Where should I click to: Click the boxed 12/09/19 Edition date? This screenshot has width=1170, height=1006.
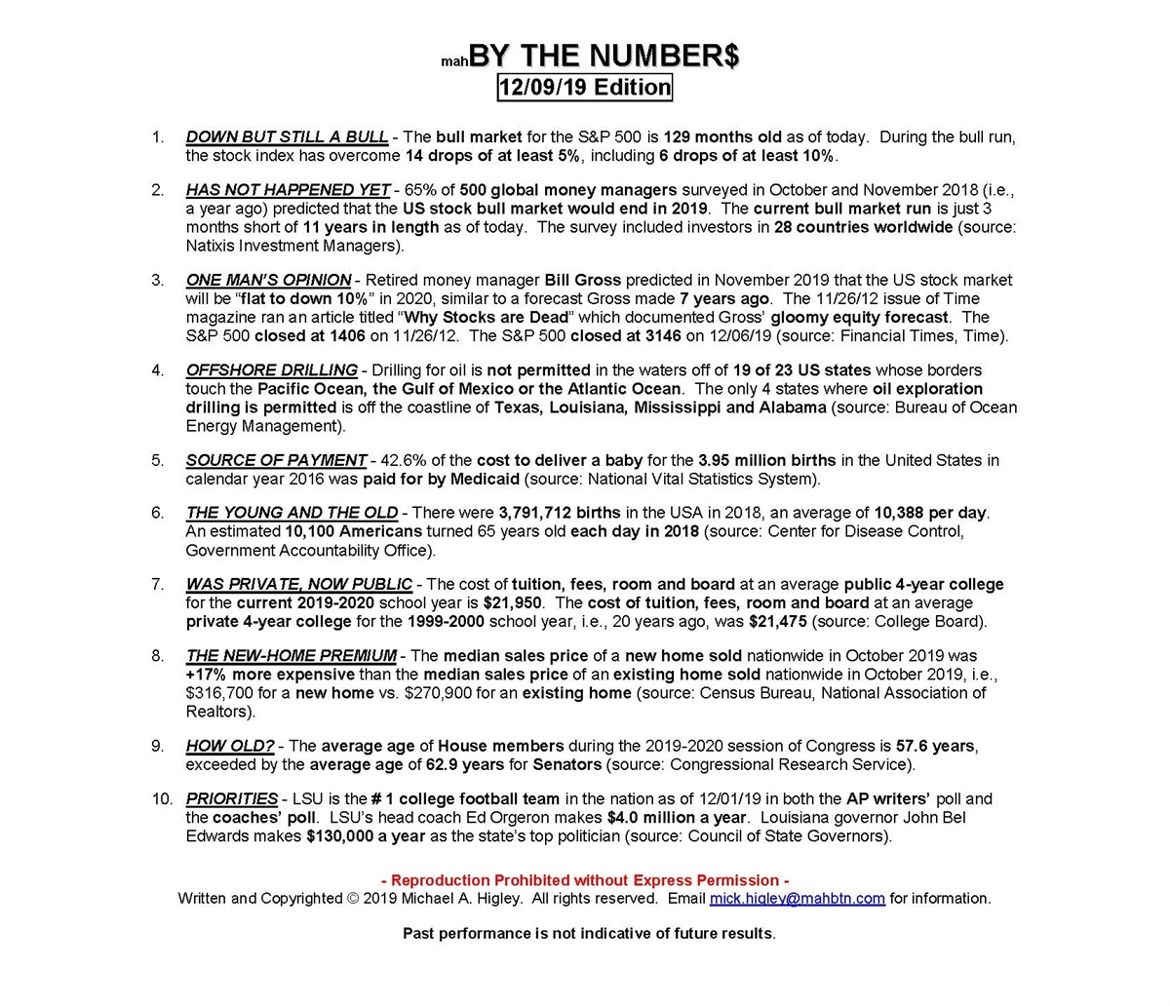tap(584, 87)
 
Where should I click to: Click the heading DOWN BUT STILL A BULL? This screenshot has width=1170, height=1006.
tap(287, 136)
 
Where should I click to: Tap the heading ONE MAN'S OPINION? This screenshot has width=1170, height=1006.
tap(268, 280)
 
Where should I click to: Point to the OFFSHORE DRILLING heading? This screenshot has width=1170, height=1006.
tap(271, 370)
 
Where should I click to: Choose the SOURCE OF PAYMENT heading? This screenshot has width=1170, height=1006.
tap(276, 460)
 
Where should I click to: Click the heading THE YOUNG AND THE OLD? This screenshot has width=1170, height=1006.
tap(292, 513)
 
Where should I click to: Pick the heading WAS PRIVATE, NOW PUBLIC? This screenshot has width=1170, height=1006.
tap(298, 585)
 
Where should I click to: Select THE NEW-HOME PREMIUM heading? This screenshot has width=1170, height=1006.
tap(291, 656)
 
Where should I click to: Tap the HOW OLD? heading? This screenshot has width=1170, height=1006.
tap(230, 747)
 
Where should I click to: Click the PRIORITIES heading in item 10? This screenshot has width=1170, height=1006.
tap(231, 799)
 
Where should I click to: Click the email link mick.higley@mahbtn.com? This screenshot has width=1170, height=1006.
tap(797, 899)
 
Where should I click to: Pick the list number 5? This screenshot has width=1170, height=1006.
tap(158, 460)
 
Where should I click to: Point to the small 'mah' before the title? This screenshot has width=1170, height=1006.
tap(454, 61)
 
